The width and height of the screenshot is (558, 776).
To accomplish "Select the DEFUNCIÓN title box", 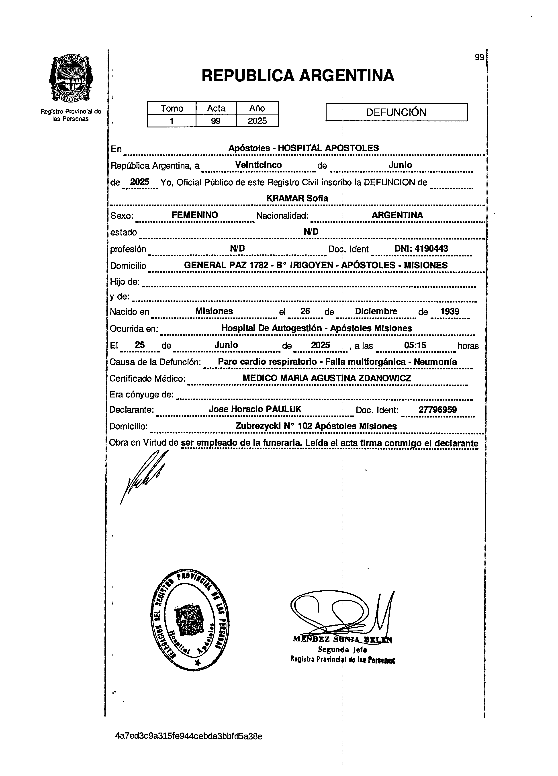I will (396, 112).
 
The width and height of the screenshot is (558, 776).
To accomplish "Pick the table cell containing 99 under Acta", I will (216, 121).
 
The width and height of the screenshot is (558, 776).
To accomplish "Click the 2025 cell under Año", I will (257, 121).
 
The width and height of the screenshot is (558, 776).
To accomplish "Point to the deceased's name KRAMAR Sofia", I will (297, 198).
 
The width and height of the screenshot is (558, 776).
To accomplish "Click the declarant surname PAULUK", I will (284, 409).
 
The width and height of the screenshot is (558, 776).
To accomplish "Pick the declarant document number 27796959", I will (437, 409).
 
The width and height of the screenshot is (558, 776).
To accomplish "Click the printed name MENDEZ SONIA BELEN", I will (342, 639).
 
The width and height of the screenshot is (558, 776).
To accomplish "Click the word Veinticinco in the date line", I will (258, 165).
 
